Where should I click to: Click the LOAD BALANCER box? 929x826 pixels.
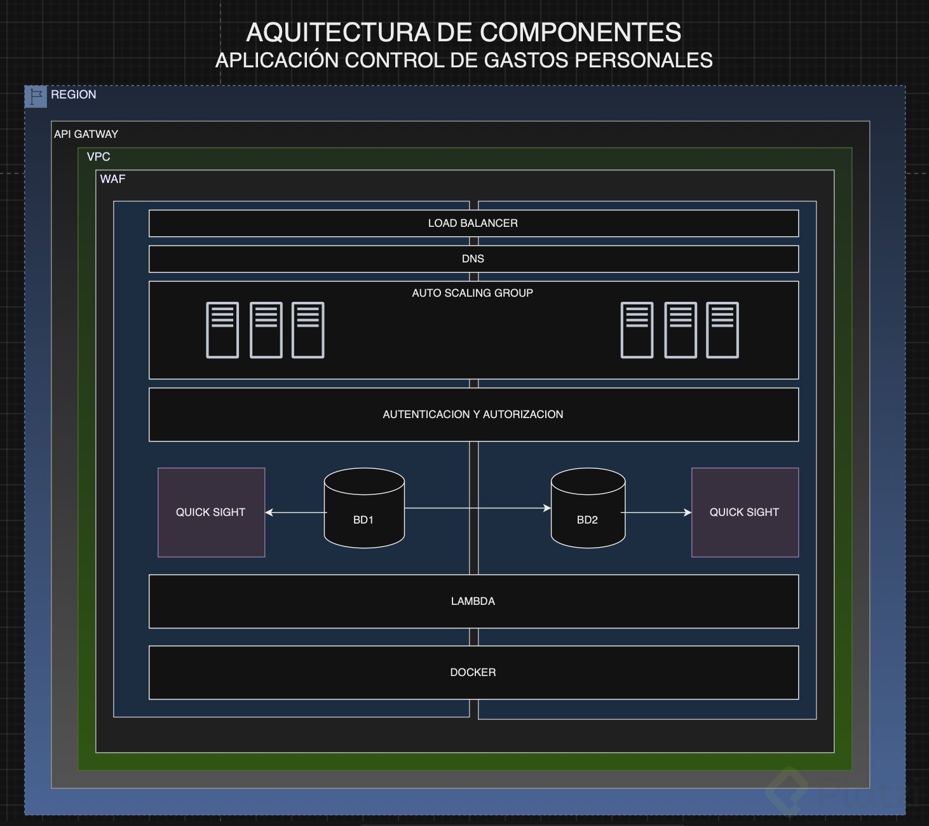[473, 223]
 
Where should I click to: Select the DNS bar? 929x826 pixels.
[473, 259]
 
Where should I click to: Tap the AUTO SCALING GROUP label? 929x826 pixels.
[472, 293]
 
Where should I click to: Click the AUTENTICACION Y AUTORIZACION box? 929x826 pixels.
[473, 414]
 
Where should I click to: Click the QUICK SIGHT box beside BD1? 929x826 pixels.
[211, 512]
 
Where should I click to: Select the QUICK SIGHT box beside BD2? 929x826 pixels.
[744, 512]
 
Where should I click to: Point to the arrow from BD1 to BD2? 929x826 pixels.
[477, 508]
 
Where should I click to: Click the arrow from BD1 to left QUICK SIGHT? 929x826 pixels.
[295, 512]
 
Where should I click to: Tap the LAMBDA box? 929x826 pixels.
[473, 601]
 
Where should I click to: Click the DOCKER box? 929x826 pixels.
[473, 672]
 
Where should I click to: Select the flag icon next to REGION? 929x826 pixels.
[36, 97]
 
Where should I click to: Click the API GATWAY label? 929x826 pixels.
[86, 134]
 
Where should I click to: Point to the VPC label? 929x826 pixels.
[98, 157]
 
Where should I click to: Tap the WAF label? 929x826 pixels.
[112, 179]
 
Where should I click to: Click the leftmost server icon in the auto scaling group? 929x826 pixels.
[222, 330]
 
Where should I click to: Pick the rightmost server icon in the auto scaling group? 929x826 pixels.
[722, 330]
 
